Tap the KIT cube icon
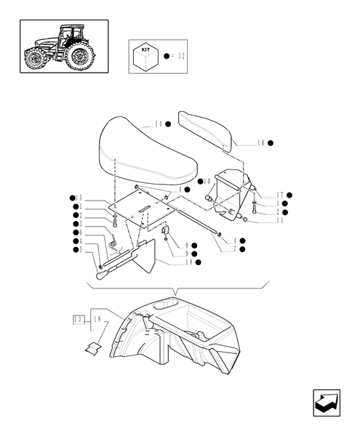145,56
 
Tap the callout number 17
279,195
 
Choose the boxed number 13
78,318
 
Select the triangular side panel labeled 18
148,254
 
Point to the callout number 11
279,220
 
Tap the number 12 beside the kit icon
181,55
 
